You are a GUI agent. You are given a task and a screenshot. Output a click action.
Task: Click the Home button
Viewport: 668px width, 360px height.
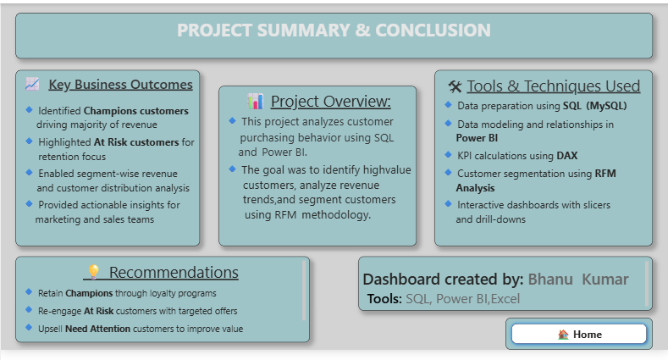579,334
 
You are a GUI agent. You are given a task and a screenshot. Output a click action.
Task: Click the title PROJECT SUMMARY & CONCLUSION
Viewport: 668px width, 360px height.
334,30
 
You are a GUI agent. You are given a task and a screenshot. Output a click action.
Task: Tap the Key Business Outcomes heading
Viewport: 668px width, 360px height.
120,85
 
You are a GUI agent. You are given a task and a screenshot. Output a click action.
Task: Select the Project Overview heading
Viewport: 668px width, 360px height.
330,102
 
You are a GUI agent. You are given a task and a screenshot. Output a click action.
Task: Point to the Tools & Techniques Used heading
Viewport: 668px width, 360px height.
553,86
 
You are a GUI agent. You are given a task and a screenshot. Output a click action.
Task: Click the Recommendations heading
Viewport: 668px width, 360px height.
174,273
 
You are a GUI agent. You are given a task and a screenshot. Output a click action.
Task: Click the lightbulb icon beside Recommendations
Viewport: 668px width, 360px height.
93,273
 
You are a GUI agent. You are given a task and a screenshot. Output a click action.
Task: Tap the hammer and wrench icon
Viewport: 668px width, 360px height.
455,86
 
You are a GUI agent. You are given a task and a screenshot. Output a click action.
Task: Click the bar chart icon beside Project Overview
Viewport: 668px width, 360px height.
255,102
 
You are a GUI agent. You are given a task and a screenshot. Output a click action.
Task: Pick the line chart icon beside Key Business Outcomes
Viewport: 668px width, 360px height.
32,85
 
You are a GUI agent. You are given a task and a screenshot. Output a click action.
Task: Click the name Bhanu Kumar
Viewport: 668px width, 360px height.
578,280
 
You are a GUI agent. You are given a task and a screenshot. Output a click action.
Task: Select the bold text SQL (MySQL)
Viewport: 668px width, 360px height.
594,106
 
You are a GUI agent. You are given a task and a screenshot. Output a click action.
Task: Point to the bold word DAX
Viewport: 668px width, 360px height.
566,155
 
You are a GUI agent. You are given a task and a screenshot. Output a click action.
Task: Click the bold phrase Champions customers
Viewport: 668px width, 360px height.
135,111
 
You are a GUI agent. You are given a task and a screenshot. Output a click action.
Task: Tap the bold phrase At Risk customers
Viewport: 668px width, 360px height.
136,142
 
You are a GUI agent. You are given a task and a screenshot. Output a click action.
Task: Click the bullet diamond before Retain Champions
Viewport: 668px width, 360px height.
29,291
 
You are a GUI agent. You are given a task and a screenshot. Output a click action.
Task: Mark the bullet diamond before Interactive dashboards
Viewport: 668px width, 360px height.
448,204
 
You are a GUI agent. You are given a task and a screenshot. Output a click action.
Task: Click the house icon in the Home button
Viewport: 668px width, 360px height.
563,335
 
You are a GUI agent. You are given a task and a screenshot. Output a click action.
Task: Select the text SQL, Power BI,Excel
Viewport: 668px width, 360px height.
462,299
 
